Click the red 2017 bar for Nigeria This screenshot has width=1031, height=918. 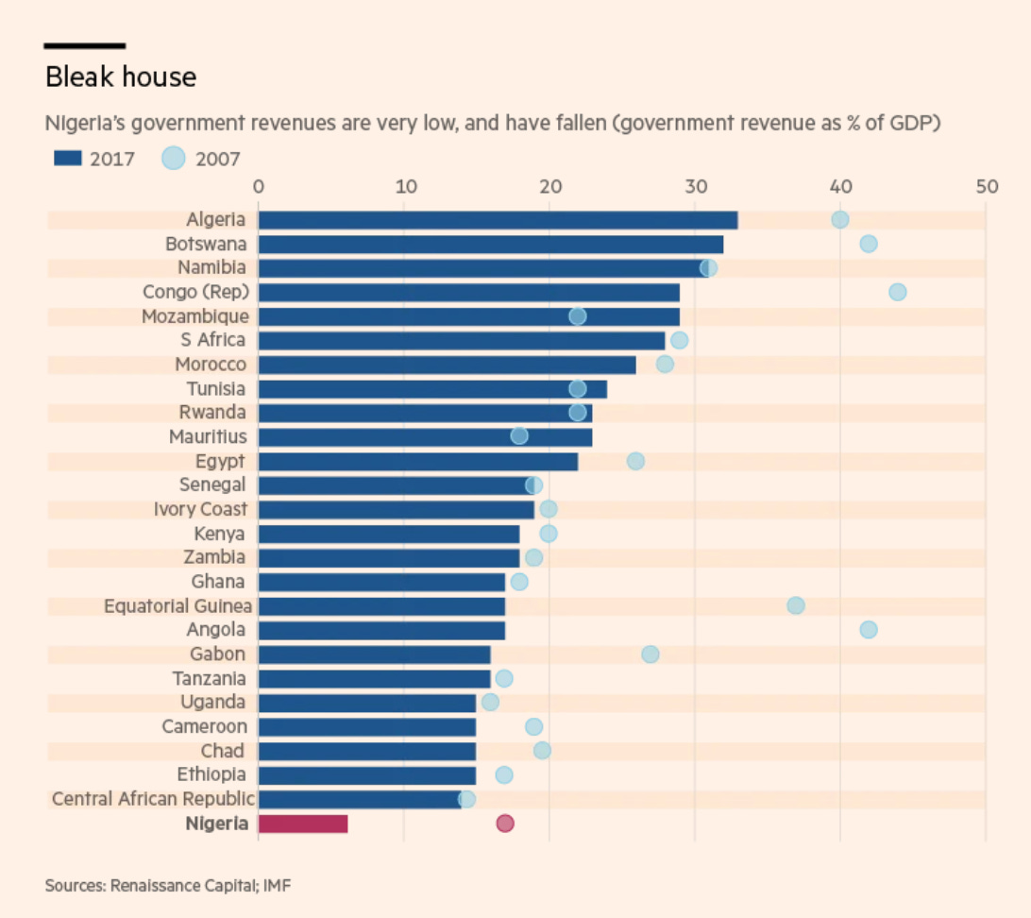click(302, 824)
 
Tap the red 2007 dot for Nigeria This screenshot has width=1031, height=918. click(505, 824)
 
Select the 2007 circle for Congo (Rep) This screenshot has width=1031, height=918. click(898, 292)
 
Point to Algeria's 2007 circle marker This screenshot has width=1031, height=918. click(839, 220)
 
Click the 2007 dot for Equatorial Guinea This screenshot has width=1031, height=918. click(796, 605)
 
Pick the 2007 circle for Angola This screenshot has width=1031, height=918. click(869, 630)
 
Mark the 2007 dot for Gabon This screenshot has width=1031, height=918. click(651, 654)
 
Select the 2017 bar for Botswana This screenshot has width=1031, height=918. click(491, 245)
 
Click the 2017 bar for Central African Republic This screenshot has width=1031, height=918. click(359, 799)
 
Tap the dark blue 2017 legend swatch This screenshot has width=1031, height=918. click(68, 159)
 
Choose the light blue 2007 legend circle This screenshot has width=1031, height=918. click(175, 159)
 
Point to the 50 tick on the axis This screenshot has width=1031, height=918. click(987, 187)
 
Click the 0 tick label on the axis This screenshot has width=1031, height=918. click(259, 187)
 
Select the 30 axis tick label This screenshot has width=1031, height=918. click(695, 187)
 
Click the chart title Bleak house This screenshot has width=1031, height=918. click(121, 76)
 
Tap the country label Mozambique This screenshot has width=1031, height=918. click(195, 316)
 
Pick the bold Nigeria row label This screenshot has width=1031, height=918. click(217, 824)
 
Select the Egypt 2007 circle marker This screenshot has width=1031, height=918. click(635, 461)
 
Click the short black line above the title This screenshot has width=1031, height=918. click(85, 45)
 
